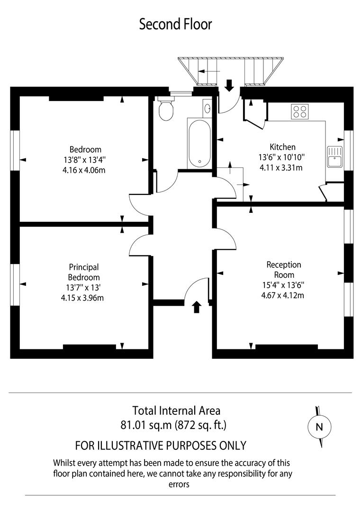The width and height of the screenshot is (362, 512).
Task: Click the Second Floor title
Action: coord(175,24)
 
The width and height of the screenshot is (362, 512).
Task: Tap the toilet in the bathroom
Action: coord(166,110)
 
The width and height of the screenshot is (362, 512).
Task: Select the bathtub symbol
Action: coord(199,142)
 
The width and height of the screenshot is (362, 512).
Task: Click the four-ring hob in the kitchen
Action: coord(299,111)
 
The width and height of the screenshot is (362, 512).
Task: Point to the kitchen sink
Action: coord(335,156)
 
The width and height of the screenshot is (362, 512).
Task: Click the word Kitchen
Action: coord(282,147)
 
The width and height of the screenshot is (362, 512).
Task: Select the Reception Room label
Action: coord(283,270)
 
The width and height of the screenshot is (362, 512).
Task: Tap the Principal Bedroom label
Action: coord(83,273)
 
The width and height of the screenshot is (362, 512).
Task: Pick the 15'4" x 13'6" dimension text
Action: coord(283,285)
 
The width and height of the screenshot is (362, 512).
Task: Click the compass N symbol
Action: coord(319,427)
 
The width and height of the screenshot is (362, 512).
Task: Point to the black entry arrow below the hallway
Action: coord(197,307)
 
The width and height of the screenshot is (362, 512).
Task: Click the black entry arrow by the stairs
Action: coord(229,86)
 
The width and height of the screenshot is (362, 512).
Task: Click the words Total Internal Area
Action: coord(176,411)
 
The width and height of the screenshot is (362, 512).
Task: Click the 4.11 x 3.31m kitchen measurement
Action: coord(281,167)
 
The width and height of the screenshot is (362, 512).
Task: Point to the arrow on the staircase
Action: coord(209,71)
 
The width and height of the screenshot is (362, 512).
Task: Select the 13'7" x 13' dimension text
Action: coord(83,288)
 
